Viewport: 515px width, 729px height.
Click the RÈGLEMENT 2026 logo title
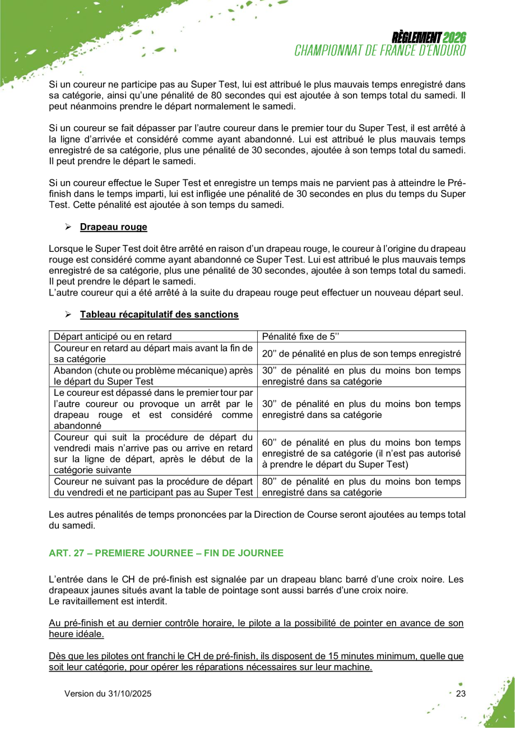tap(429, 38)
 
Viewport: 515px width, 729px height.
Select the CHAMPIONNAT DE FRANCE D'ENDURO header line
tap(381, 49)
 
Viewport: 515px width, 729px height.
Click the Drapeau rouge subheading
tap(113, 227)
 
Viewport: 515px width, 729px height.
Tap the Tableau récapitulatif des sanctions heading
tap(159, 315)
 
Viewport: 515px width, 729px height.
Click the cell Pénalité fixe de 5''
tap(361, 336)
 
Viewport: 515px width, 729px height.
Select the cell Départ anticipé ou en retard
tap(152, 336)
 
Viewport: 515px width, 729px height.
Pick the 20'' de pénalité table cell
tap(361, 353)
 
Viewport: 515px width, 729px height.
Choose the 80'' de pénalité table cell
tap(361, 487)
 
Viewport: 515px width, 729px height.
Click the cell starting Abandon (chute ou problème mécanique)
tap(152, 376)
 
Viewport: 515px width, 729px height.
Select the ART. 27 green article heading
tap(166, 553)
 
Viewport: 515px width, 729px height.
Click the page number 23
tap(461, 694)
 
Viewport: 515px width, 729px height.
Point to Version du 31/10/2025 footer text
tap(108, 694)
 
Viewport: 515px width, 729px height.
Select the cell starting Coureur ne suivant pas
tap(152, 487)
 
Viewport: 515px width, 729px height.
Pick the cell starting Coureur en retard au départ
tap(152, 353)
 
